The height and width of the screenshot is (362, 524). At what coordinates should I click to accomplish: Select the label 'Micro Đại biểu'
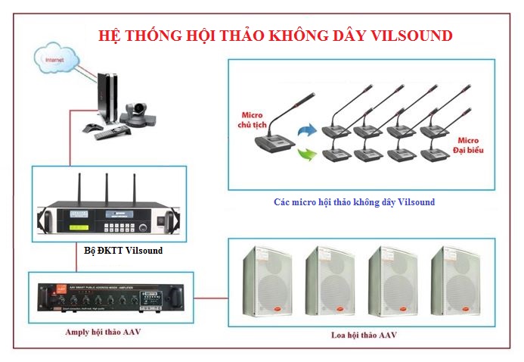click(x=467, y=145)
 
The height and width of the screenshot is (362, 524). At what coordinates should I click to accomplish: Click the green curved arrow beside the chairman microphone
click(x=305, y=157)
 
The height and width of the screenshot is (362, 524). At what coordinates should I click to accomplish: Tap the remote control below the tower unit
click(x=107, y=133)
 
